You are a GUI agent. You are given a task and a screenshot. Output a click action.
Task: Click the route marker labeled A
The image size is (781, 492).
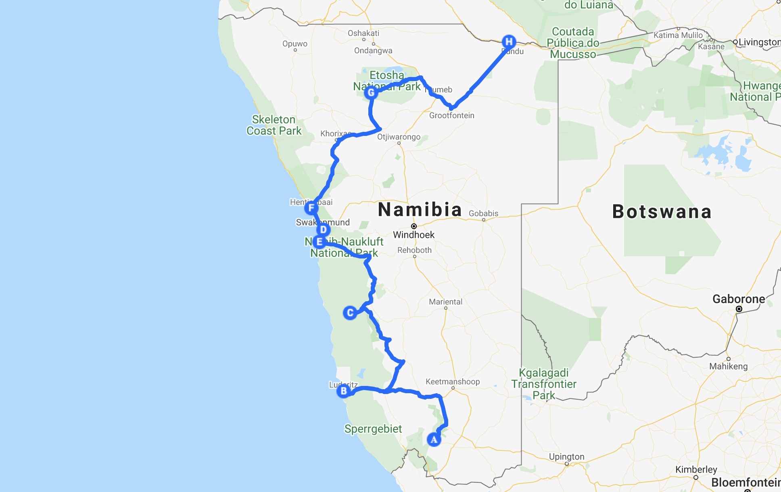[434, 440]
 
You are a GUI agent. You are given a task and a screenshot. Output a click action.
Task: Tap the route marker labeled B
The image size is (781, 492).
[344, 391]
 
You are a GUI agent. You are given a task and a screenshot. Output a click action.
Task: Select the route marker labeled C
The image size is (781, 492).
[350, 313]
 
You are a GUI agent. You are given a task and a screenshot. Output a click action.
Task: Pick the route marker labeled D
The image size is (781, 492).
[323, 230]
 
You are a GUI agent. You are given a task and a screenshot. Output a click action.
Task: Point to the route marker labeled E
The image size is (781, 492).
[319, 242]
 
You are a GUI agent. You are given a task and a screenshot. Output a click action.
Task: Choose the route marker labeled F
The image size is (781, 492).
[311, 208]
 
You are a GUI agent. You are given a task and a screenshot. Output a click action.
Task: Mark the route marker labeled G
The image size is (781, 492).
[371, 93]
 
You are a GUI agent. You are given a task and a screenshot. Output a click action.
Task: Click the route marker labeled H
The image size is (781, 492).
[509, 42]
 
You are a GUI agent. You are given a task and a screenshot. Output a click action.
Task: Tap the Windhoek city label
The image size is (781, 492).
[413, 235]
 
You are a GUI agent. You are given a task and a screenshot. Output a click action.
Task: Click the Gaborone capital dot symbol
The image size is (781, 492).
[739, 309]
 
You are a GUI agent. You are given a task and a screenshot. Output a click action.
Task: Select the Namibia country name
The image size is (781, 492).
[420, 210]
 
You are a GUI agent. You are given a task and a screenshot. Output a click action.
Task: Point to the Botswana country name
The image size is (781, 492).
[662, 212]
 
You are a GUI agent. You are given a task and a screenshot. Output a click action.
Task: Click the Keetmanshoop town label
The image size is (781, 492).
[453, 382]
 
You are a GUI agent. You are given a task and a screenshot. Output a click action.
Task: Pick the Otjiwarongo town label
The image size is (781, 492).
[399, 137]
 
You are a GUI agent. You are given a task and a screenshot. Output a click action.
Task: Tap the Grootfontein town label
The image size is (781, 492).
[451, 115]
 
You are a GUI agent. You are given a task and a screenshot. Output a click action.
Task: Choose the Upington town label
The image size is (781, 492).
[566, 457]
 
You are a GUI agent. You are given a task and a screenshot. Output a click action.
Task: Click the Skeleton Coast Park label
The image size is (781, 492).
[274, 125]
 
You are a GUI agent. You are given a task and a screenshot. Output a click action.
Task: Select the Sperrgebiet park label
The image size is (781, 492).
[373, 429]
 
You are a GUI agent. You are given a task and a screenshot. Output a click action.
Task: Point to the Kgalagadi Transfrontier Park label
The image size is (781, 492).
[544, 384]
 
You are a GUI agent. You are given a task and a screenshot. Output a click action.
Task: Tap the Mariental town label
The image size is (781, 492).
[445, 302]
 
